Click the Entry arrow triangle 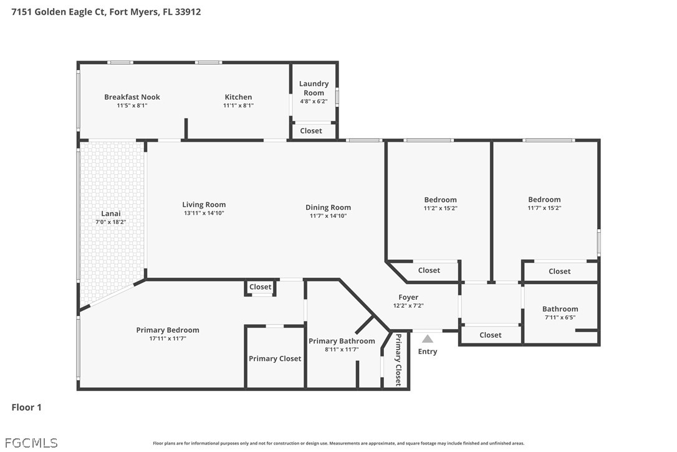pyautogui.click(x=428, y=338)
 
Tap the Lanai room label pyautogui.click(x=111, y=214)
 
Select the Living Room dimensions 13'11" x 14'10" pyautogui.click(x=204, y=213)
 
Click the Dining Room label pyautogui.click(x=328, y=208)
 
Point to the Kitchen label pyautogui.click(x=238, y=97)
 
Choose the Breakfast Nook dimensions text pyautogui.click(x=132, y=105)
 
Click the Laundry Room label pyautogui.click(x=314, y=88)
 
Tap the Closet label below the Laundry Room pyautogui.click(x=311, y=130)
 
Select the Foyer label pyautogui.click(x=408, y=297)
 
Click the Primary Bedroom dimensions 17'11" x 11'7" pyautogui.click(x=168, y=338)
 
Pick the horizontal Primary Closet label pyautogui.click(x=275, y=358)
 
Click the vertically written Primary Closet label pyautogui.click(x=398, y=360)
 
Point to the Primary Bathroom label pyautogui.click(x=342, y=341)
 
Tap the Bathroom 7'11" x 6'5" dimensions pyautogui.click(x=560, y=317)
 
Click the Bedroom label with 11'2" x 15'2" pyautogui.click(x=440, y=200)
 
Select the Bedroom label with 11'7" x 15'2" pyautogui.click(x=544, y=199)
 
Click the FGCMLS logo pyautogui.click(x=31, y=443)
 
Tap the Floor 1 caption pyautogui.click(x=26, y=407)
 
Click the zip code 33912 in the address pyautogui.click(x=188, y=12)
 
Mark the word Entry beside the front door pyautogui.click(x=428, y=351)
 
